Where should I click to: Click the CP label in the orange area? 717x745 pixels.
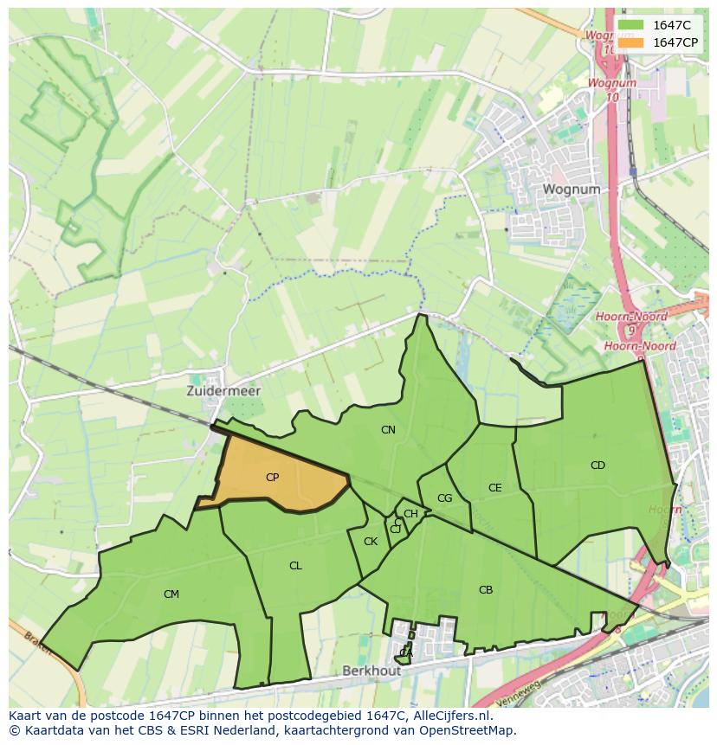pos(272,477)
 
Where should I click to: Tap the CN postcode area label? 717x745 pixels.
pos(388,430)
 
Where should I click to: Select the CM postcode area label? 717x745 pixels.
pos(171,594)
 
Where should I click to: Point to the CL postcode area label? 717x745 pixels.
pos(295,566)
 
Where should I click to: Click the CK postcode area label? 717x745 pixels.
pos(371,543)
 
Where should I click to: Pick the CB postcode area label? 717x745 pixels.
pos(486,590)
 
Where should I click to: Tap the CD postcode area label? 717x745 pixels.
pos(597,466)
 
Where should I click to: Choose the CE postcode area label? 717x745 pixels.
pos(494,488)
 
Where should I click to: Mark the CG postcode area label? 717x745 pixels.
pos(444,498)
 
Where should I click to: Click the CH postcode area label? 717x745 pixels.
pos(410,514)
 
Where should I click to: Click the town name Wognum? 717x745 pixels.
pos(571,189)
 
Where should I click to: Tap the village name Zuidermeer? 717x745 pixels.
pos(223,391)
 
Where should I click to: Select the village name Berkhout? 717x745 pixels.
pos(371,671)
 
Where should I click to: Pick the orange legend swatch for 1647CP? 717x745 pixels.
pos(631,42)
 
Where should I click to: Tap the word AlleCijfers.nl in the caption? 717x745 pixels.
pos(449,716)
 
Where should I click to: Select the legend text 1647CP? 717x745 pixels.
pos(675,42)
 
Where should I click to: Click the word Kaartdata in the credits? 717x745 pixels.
pos(44,730)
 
